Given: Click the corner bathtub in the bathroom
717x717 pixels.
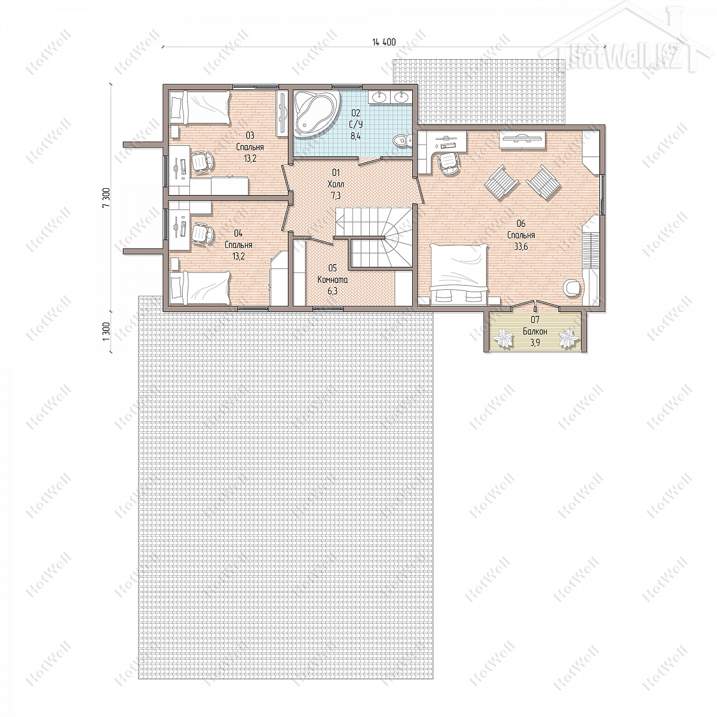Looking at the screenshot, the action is pyautogui.click(x=316, y=113).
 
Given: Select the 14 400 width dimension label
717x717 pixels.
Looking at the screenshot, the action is pyautogui.click(x=384, y=42).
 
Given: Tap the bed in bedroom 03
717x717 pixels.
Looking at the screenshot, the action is pyautogui.click(x=200, y=108).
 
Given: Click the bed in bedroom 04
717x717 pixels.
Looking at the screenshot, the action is pyautogui.click(x=200, y=288).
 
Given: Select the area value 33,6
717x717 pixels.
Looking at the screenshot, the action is pyautogui.click(x=521, y=246).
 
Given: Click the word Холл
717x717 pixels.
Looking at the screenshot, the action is pyautogui.click(x=336, y=184).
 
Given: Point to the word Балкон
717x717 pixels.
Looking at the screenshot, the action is pyautogui.click(x=535, y=331).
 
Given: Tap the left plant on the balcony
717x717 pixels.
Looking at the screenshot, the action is pyautogui.click(x=503, y=338).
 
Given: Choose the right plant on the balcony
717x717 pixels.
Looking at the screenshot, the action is pyautogui.click(x=568, y=338).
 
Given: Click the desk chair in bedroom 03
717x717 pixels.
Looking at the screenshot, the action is pyautogui.click(x=203, y=163).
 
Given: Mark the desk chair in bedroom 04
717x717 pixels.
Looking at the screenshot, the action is pyautogui.click(x=203, y=233).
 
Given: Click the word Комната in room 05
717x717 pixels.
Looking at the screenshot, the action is pyautogui.click(x=333, y=280).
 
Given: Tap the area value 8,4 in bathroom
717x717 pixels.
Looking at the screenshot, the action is pyautogui.click(x=356, y=136).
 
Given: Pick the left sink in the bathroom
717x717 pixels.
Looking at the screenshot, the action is pyautogui.click(x=379, y=97).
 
